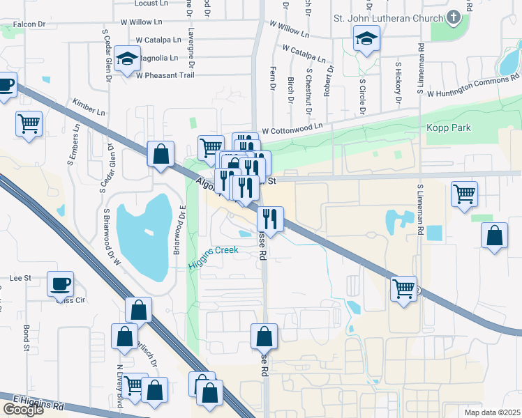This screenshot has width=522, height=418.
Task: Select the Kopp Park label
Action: (x=449, y=128)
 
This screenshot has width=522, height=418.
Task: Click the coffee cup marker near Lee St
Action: (x=61, y=284)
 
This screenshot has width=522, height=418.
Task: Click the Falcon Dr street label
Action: (x=29, y=24)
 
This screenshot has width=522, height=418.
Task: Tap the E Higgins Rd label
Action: (x=43, y=403)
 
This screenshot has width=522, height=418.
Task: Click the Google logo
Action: (x=24, y=410)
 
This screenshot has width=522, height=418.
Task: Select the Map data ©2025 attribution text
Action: (x=492, y=412)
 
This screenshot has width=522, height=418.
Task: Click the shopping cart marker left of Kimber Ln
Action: (x=29, y=125)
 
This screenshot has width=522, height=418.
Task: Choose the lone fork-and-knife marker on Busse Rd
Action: (x=269, y=219)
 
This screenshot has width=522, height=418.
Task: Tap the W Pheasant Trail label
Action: (x=172, y=75)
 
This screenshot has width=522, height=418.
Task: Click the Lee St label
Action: (x=21, y=278)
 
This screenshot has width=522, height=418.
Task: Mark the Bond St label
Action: (x=27, y=337)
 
